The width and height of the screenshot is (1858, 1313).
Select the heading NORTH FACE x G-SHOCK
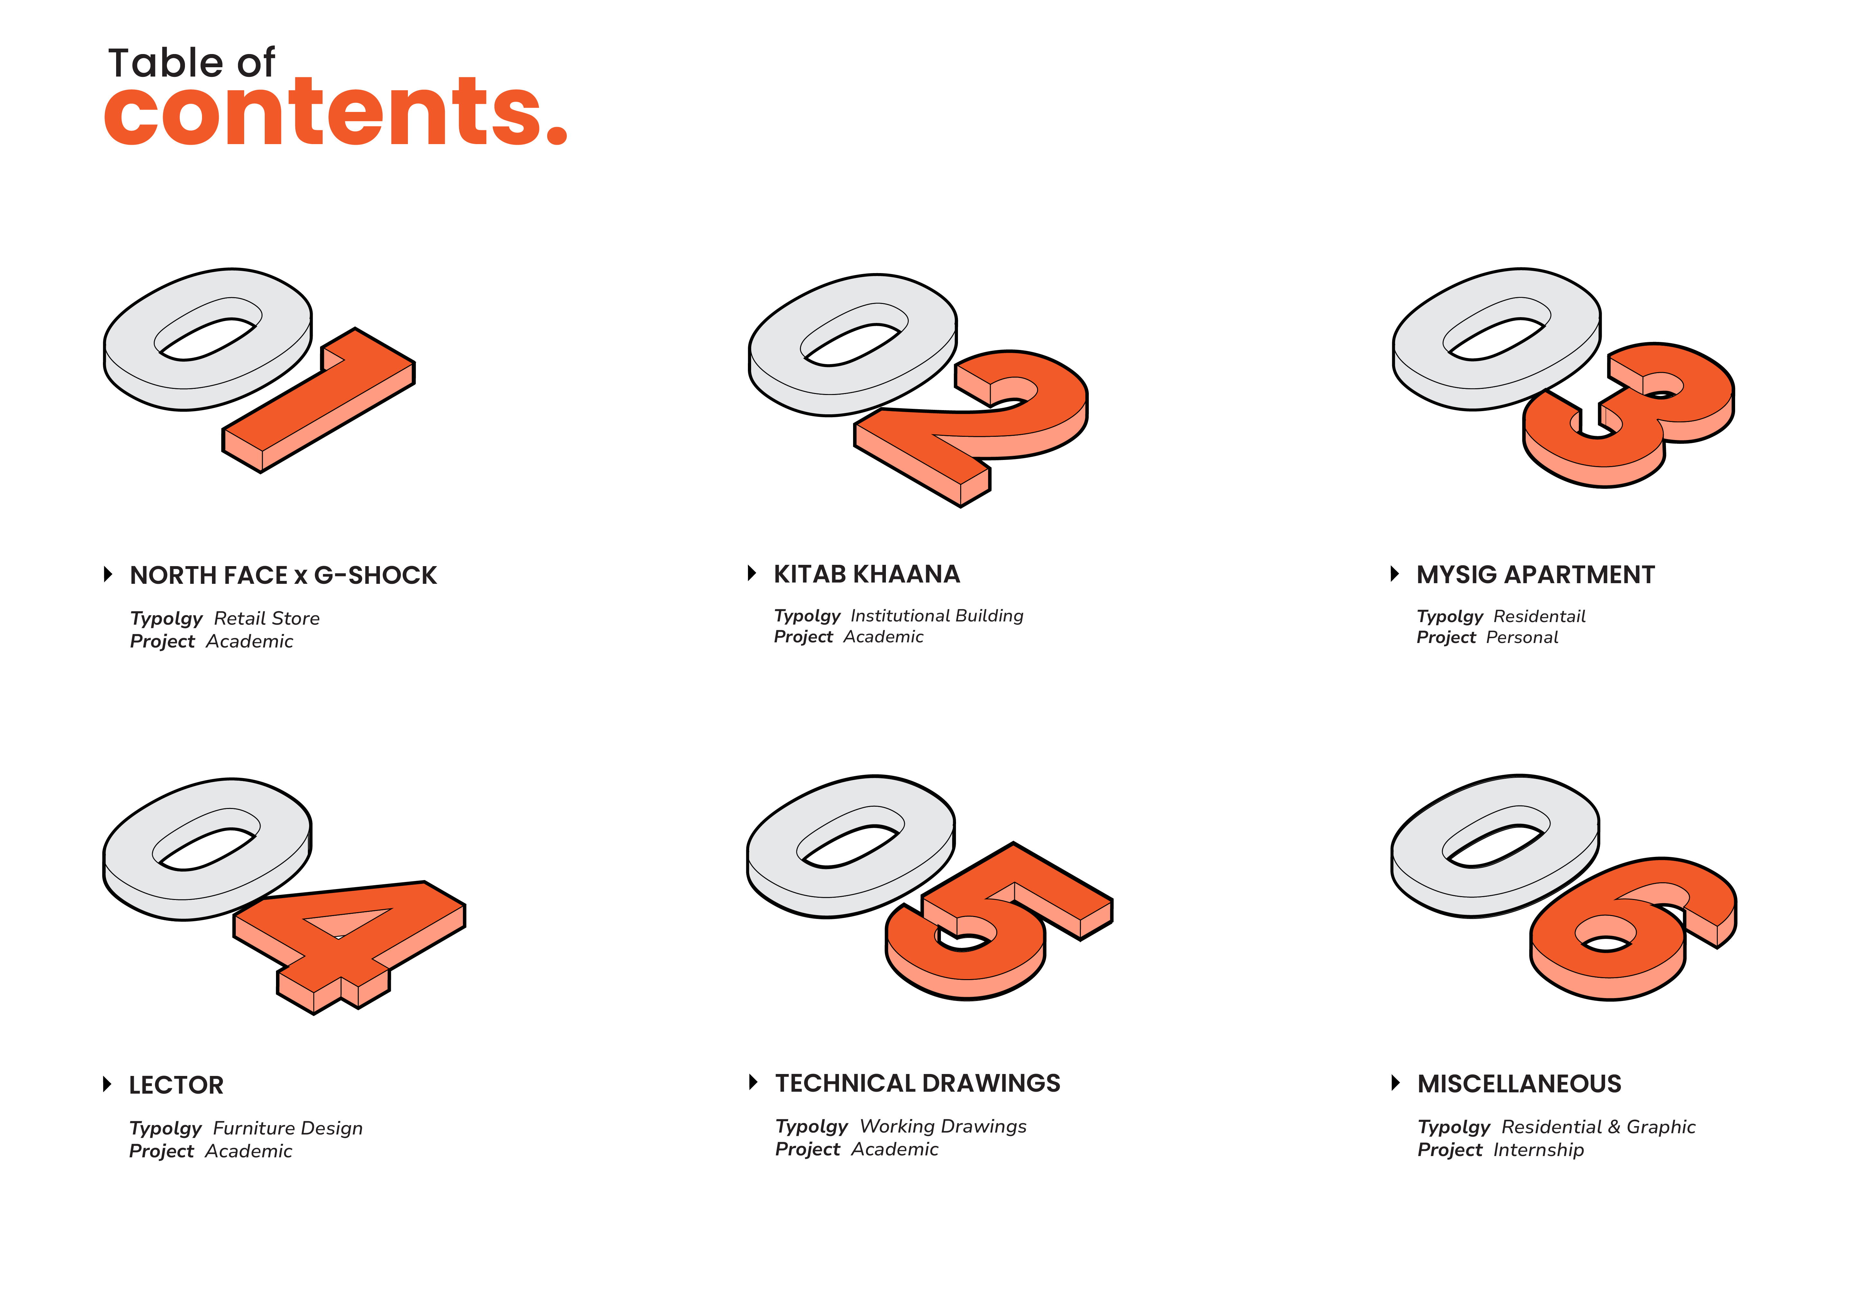(x=283, y=575)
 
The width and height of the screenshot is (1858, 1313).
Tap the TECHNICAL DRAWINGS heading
(x=918, y=1083)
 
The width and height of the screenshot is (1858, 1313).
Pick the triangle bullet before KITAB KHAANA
(x=752, y=574)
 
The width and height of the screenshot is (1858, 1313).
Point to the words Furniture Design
(x=288, y=1129)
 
